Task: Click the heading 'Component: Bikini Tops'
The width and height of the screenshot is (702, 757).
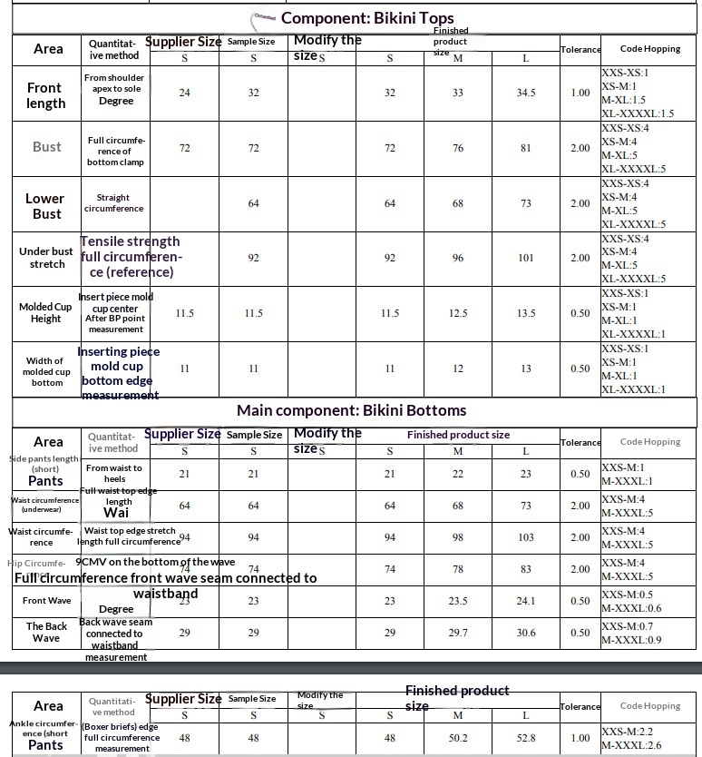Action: pyautogui.click(x=367, y=18)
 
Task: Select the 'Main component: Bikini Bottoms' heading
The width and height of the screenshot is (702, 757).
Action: pyautogui.click(x=352, y=410)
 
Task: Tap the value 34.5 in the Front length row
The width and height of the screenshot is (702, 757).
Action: pyautogui.click(x=526, y=93)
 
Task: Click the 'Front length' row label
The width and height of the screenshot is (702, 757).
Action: pyautogui.click(x=46, y=95)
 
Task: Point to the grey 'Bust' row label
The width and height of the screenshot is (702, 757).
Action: pyautogui.click(x=47, y=146)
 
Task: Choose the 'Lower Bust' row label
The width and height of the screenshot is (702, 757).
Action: pyautogui.click(x=45, y=206)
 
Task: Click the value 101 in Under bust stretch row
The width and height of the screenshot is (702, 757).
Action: pyautogui.click(x=526, y=258)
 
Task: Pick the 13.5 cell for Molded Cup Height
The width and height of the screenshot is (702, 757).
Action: pyautogui.click(x=526, y=313)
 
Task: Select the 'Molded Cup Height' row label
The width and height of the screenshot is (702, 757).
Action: pyautogui.click(x=45, y=312)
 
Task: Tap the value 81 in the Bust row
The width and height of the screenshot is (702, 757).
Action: pyautogui.click(x=526, y=148)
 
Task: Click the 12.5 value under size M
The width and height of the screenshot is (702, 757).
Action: pyautogui.click(x=458, y=313)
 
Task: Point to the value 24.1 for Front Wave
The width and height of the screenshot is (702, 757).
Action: pyautogui.click(x=526, y=601)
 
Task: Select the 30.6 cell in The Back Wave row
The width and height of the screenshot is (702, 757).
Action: pyautogui.click(x=526, y=633)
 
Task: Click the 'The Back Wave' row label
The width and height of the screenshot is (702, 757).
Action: pyautogui.click(x=46, y=632)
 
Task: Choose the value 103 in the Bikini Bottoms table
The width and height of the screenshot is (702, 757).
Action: pyautogui.click(x=526, y=537)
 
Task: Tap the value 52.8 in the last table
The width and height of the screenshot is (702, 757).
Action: pyautogui.click(x=526, y=738)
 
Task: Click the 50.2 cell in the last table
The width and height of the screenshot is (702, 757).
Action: pyautogui.click(x=458, y=738)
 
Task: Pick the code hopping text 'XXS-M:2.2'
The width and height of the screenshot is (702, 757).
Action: pyautogui.click(x=628, y=732)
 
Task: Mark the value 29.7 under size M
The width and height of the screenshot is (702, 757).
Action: pyautogui.click(x=458, y=633)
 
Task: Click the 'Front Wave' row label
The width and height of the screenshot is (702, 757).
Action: pyautogui.click(x=46, y=601)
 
